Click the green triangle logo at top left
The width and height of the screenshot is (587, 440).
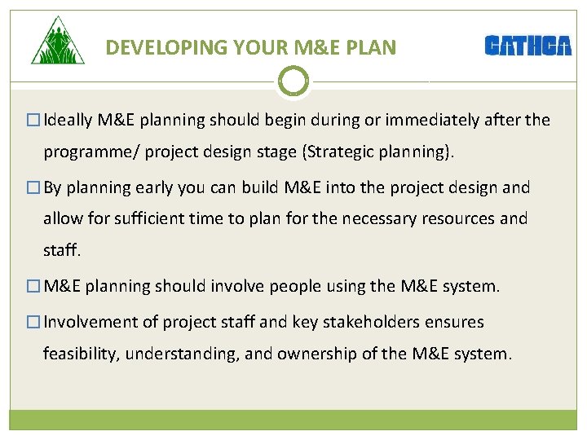57,42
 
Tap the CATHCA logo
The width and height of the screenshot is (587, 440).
527,46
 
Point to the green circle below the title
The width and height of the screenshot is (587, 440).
293,81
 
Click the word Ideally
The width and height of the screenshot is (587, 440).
69,121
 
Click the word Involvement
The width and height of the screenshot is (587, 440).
90,322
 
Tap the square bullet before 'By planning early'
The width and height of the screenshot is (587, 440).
33,188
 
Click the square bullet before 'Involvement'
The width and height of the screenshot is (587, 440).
33,323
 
